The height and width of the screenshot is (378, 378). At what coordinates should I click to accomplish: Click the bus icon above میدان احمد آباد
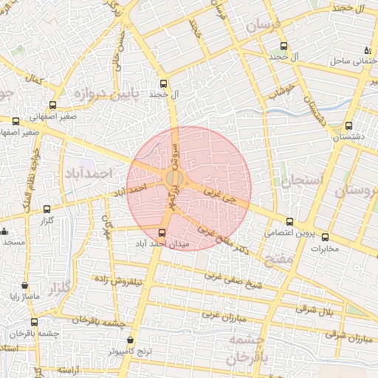[162, 233]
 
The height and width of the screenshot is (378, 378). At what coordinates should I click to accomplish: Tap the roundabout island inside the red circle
[174, 179]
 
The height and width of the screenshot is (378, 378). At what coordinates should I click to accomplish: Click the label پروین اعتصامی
[290, 233]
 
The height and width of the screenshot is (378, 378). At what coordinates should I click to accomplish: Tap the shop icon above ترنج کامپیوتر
[130, 341]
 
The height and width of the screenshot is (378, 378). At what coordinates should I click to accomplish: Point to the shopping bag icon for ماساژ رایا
[25, 286]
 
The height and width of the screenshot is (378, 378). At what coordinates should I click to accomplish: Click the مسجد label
[13, 242]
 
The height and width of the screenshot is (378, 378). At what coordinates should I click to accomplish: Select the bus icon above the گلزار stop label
[48, 209]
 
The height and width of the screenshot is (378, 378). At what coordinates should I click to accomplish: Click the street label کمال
[32, 78]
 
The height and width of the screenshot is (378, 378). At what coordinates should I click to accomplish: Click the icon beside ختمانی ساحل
[367, 50]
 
